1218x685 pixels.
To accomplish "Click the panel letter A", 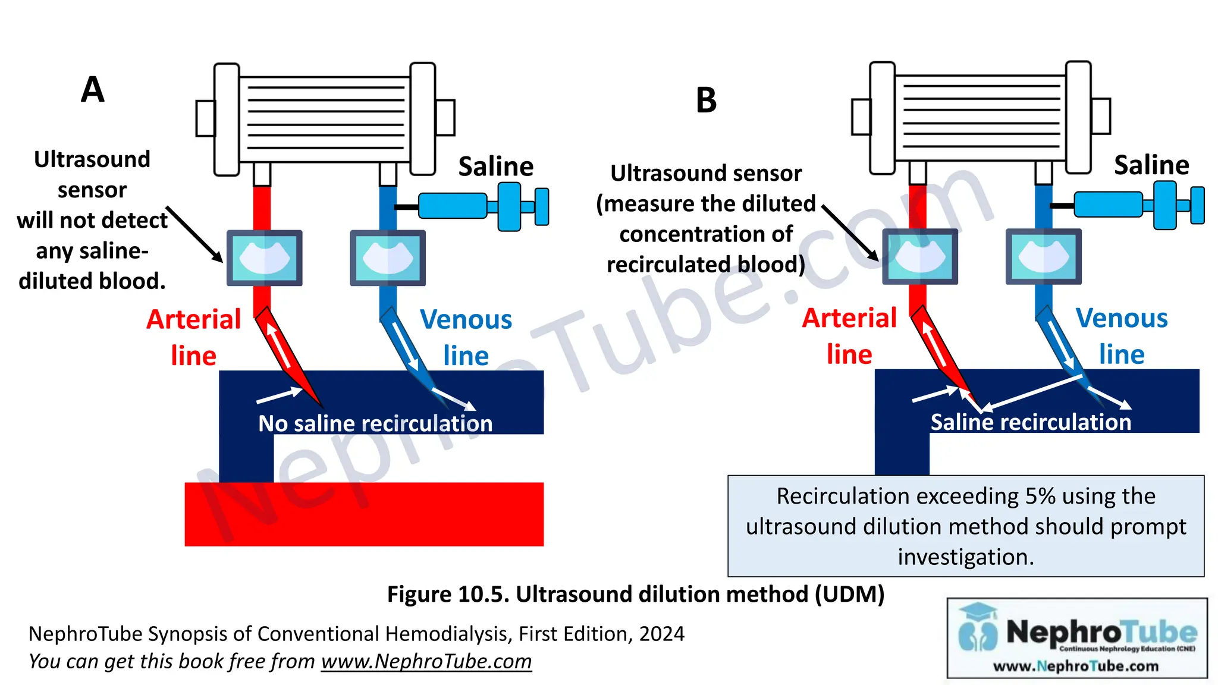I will pos(93,90).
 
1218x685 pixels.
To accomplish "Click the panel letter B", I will pos(706,100).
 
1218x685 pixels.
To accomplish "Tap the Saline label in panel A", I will pos(495,166).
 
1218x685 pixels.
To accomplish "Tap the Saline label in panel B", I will pos(1151,165).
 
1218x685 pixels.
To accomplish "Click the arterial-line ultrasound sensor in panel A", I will pos(265,258).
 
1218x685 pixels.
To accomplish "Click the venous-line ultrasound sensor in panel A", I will pos(388,258).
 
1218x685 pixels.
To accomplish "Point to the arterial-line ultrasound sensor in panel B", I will pos(920,257).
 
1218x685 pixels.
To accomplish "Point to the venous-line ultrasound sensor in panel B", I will pos(1044,257).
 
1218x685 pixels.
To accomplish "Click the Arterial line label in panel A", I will pos(194,337).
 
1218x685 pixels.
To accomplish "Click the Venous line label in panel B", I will pos(1122,336).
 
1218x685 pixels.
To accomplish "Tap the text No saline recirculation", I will pos(375,423).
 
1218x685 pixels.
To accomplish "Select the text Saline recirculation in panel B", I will pos(1031,422).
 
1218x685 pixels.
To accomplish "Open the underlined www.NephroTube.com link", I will pos(426,661).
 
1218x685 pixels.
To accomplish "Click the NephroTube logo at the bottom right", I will pos(1077,638).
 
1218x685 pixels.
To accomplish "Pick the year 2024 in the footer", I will pos(661,634).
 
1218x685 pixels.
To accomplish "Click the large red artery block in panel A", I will pos(364,514).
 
